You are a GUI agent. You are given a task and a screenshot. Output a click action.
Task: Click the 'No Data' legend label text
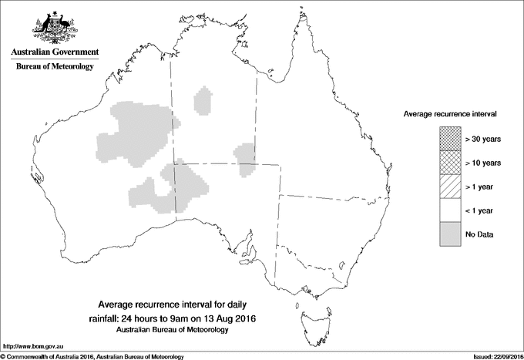click(x=478, y=234)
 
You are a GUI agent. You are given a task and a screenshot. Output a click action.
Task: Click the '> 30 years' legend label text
click(x=483, y=138)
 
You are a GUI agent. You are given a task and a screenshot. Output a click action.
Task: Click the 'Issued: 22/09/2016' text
click(x=493, y=356)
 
